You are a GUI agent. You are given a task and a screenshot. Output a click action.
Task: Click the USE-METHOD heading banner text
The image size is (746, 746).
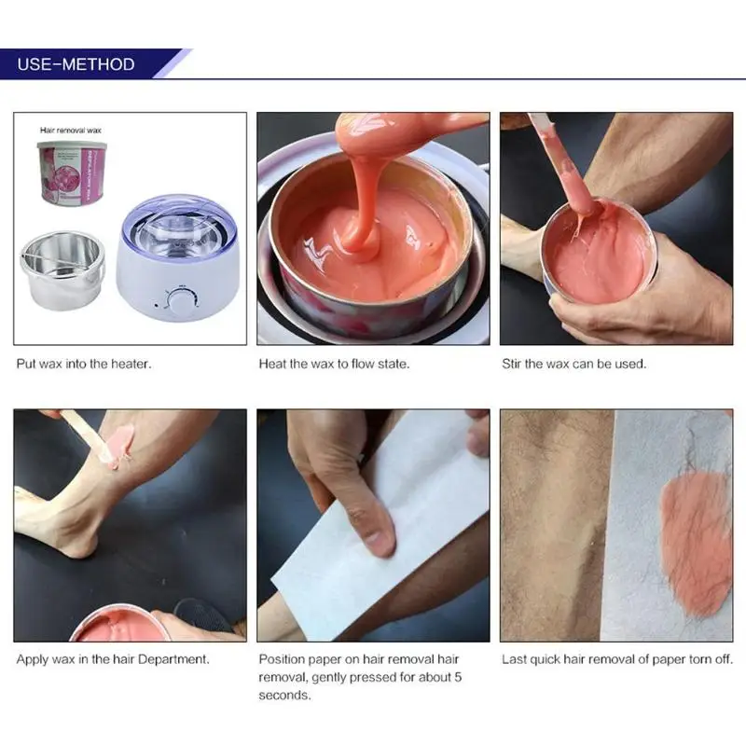pos(76,64)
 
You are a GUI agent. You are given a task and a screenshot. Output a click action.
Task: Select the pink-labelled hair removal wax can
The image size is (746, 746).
pos(73,173)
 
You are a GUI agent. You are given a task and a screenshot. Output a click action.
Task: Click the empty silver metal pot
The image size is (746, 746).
pos(62,269)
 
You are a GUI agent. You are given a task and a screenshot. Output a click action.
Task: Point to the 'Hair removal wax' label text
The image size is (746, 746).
pos(71,130)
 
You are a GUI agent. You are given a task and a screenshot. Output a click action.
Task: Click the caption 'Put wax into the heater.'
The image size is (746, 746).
pos(84,364)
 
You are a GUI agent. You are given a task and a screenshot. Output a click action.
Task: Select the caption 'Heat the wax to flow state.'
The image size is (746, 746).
pos(334,364)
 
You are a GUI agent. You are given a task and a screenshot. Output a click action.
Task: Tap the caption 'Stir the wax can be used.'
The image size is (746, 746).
pos(573,364)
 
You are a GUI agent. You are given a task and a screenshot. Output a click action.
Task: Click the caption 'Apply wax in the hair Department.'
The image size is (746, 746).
pos(113,659)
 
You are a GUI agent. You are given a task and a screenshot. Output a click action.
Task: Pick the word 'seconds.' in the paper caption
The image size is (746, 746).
pos(284,695)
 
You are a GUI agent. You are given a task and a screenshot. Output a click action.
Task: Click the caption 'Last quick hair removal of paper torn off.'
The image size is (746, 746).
pos(617,659)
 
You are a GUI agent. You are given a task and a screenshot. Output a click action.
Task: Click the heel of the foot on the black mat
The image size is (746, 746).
pos(78,543)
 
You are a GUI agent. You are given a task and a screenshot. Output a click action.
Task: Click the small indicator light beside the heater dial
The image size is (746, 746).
pos(156,305)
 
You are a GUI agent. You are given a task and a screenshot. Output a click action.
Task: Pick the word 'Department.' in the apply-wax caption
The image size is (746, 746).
pos(173,659)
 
